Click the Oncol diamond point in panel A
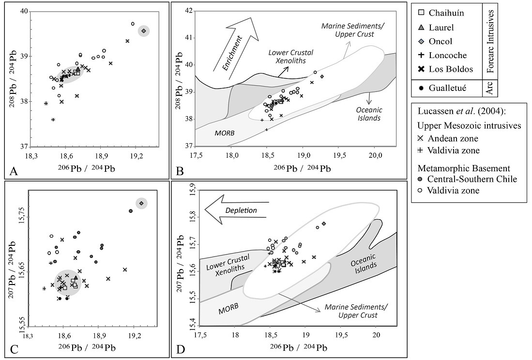point(143,31)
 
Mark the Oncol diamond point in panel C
point(141,203)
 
